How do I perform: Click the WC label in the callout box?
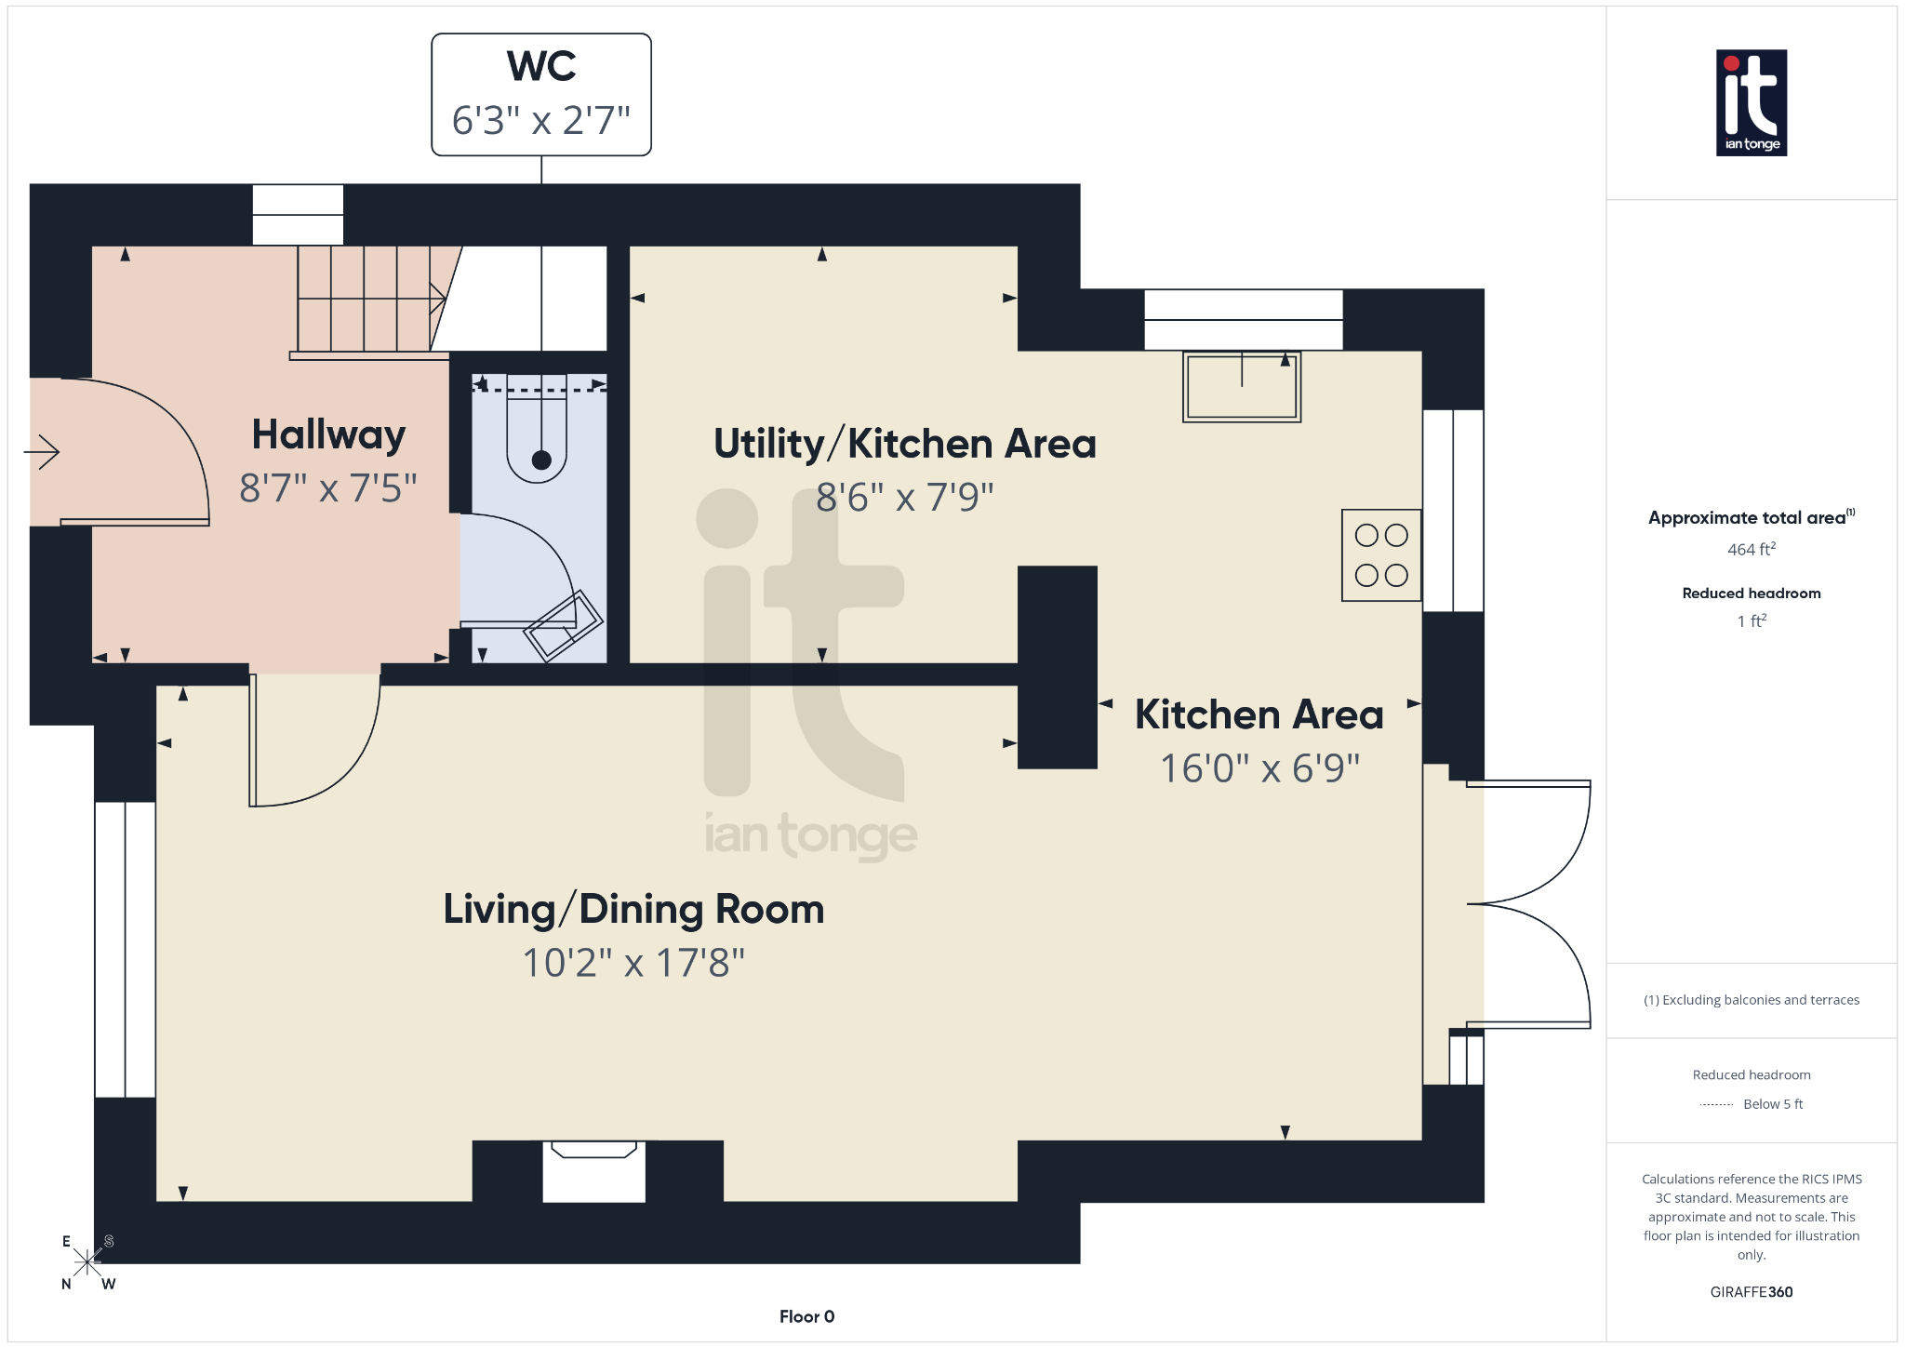click(x=541, y=67)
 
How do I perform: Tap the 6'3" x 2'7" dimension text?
click(x=541, y=121)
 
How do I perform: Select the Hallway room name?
click(x=328, y=434)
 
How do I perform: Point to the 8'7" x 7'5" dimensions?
click(x=328, y=487)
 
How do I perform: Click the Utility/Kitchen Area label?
click(x=904, y=444)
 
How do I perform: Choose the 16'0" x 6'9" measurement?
click(x=1259, y=768)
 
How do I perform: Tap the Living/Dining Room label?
click(x=633, y=909)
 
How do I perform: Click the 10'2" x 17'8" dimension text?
click(x=633, y=963)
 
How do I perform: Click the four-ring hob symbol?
click(x=1381, y=555)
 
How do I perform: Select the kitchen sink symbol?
click(x=1242, y=387)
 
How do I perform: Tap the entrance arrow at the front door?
click(x=43, y=453)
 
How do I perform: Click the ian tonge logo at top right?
click(x=1751, y=102)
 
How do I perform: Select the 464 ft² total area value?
click(x=1751, y=550)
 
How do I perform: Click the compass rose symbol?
click(x=87, y=1262)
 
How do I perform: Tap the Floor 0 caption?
click(x=806, y=1316)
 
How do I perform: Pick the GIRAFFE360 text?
click(x=1751, y=1292)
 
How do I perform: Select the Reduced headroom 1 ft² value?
click(x=1751, y=621)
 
